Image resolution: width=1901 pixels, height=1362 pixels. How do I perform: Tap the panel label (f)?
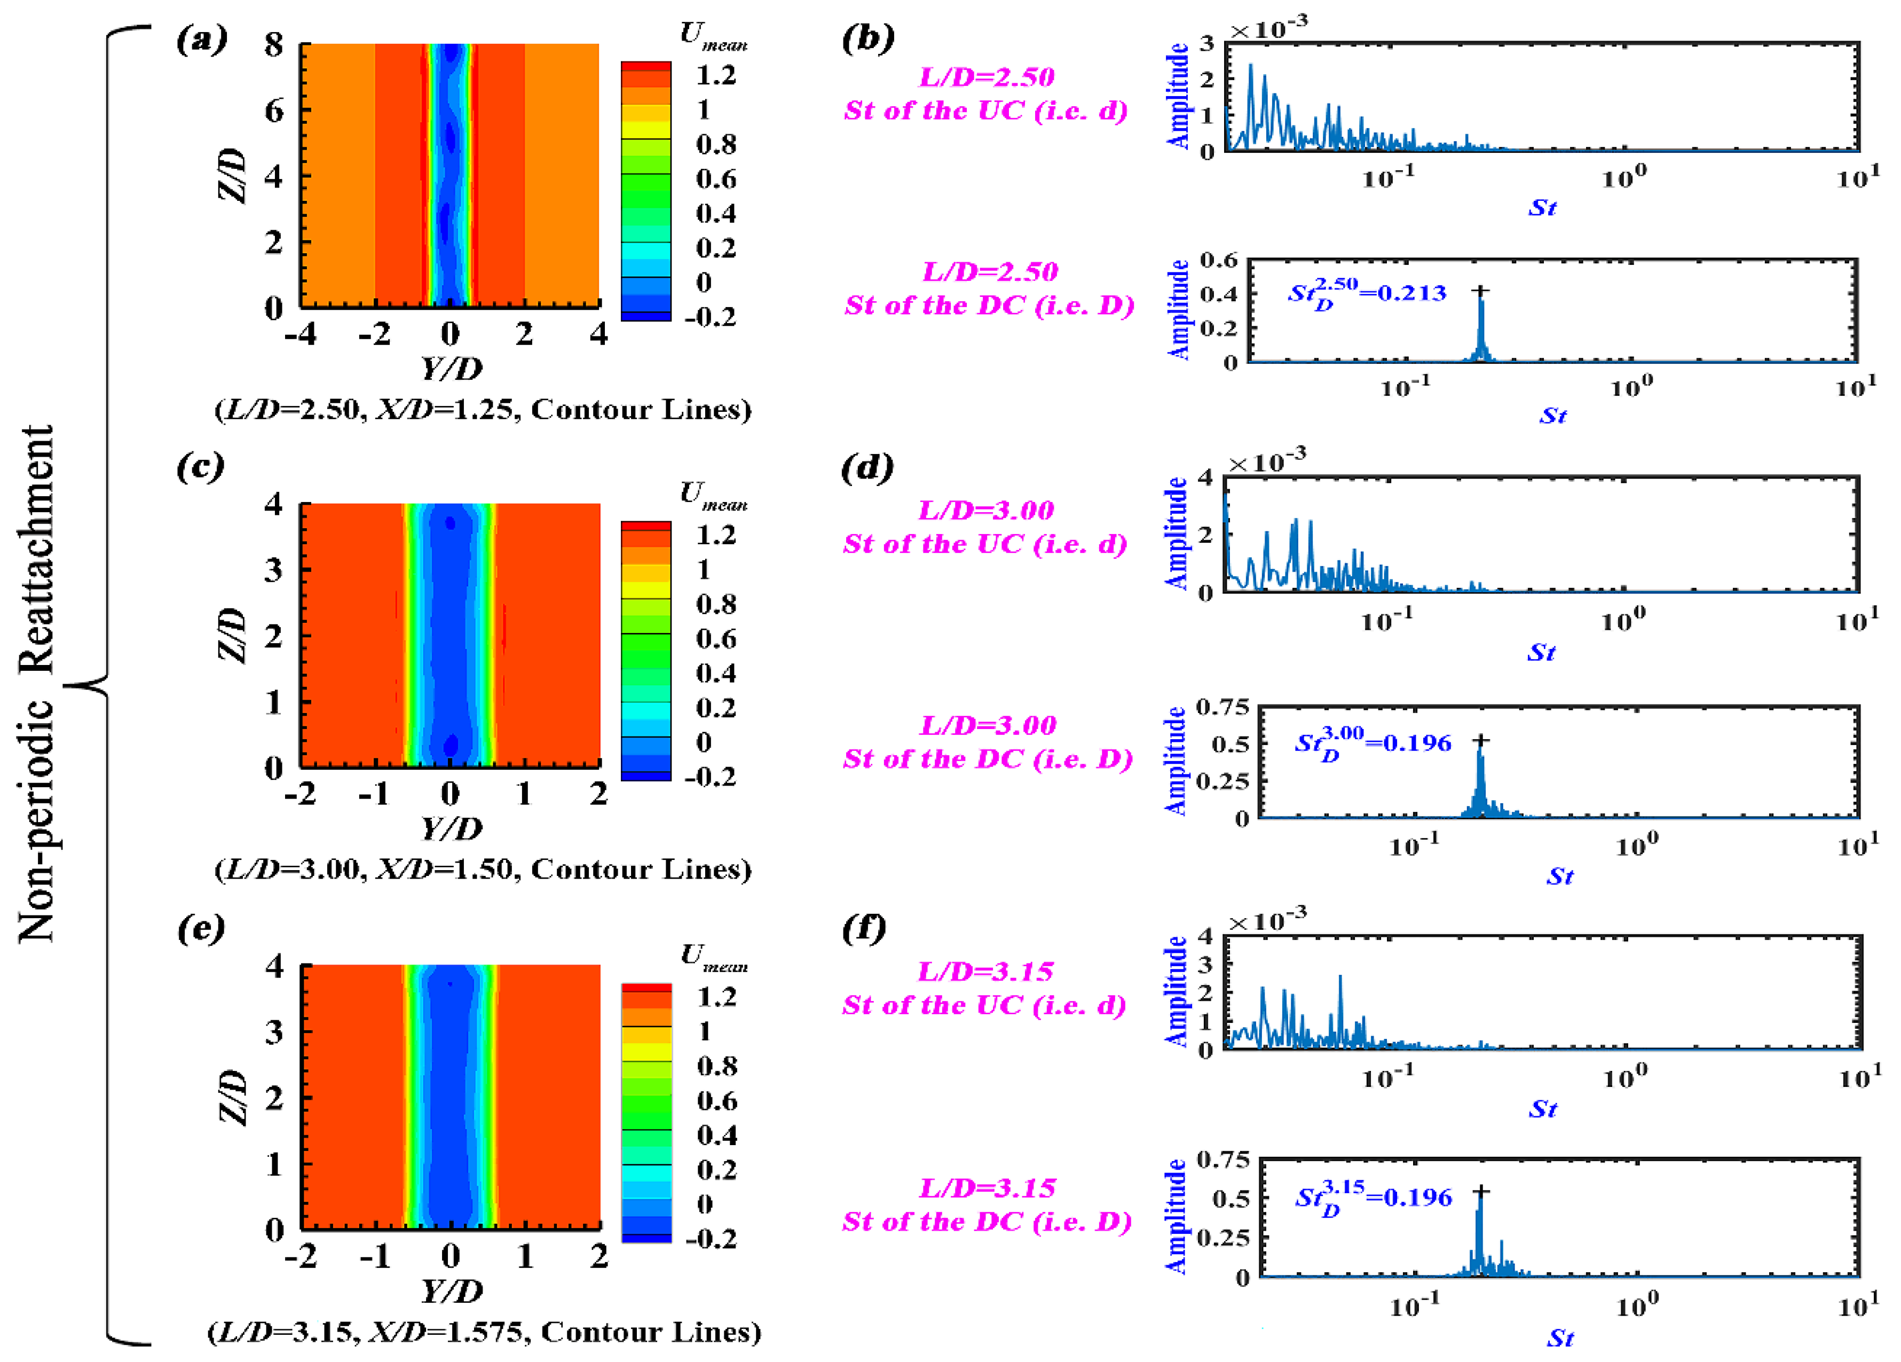pos(863,928)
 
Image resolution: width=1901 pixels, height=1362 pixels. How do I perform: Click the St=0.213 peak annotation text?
pos(1366,294)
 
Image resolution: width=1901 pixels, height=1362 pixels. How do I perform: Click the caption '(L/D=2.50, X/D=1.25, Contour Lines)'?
pos(483,410)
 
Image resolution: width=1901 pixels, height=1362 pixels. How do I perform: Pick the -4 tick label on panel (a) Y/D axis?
pos(300,335)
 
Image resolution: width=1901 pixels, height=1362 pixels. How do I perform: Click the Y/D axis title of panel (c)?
pos(451,829)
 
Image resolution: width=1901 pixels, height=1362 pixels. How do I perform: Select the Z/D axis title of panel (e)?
pos(233,1097)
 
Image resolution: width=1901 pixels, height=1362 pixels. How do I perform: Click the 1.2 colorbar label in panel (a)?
pos(716,75)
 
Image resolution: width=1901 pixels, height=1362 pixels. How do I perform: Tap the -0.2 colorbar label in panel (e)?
pos(711,1239)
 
